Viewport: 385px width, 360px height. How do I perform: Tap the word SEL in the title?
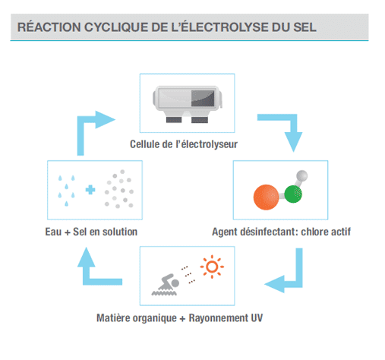305,27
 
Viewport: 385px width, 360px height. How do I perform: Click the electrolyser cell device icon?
188,104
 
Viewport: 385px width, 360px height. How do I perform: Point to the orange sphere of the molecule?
266,197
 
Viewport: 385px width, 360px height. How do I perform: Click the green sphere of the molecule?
293,194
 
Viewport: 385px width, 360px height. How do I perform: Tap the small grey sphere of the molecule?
302,175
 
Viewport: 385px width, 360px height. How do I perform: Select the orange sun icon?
212,267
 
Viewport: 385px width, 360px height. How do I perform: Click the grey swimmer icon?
166,285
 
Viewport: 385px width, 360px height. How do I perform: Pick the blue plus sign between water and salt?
90,190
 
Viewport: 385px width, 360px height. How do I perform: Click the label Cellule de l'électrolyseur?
184,144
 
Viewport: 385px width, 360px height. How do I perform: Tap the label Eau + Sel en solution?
91,232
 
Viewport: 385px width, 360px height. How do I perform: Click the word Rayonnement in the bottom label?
219,318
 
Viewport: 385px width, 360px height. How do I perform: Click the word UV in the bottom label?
257,318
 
